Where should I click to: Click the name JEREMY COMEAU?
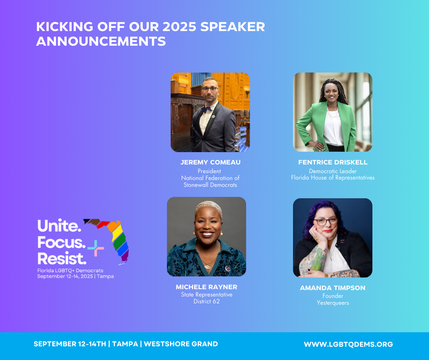210,162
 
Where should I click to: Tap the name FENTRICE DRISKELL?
333,162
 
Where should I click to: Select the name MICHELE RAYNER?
207,287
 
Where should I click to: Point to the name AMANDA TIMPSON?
333,288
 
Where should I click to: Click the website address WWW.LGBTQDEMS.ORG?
348,344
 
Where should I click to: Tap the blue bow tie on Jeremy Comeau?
207,109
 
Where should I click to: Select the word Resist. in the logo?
62,259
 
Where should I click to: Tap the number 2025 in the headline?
179,27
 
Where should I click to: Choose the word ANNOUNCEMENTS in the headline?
101,42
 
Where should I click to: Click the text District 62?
207,302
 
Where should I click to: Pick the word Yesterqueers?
333,303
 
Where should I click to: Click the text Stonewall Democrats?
210,185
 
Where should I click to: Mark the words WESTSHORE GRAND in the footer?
181,344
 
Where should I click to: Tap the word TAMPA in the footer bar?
125,344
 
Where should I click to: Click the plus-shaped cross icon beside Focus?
96,248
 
